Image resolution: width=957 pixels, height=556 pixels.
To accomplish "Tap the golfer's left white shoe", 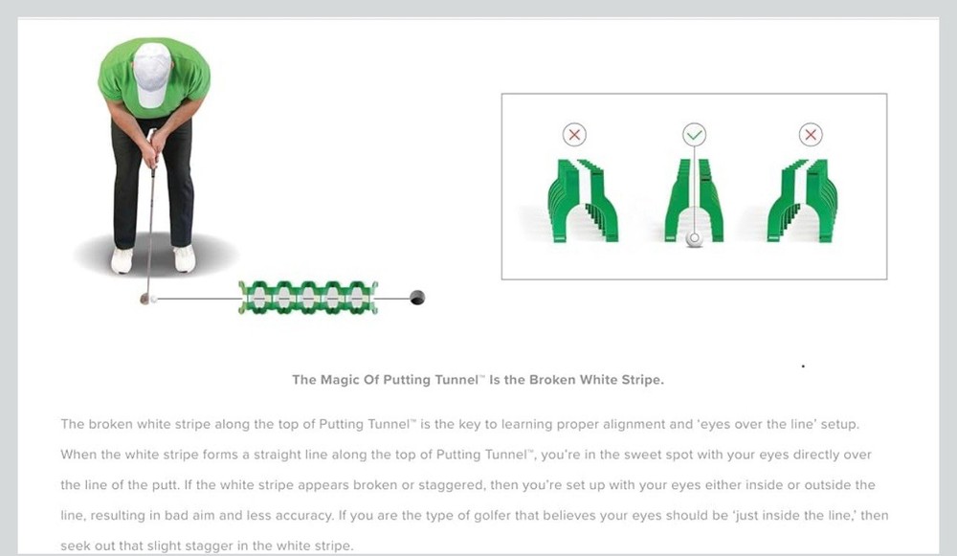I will click(x=122, y=260).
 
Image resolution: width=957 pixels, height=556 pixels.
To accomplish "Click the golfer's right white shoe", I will click(x=184, y=258).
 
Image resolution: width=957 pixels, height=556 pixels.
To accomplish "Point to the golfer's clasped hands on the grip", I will click(x=152, y=145).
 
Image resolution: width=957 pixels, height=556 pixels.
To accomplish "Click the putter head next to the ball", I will click(x=145, y=299).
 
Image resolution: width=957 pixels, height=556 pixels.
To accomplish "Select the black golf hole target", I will click(x=416, y=298).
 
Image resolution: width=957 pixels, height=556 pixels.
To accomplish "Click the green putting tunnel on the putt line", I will click(x=308, y=298).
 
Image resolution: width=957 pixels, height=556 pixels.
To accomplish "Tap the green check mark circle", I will click(x=694, y=135).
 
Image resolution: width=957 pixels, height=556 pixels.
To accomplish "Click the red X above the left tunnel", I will click(x=574, y=135).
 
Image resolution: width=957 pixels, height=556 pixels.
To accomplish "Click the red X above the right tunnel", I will click(x=811, y=135).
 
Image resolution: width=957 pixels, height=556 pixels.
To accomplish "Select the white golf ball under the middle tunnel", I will click(x=694, y=239).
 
